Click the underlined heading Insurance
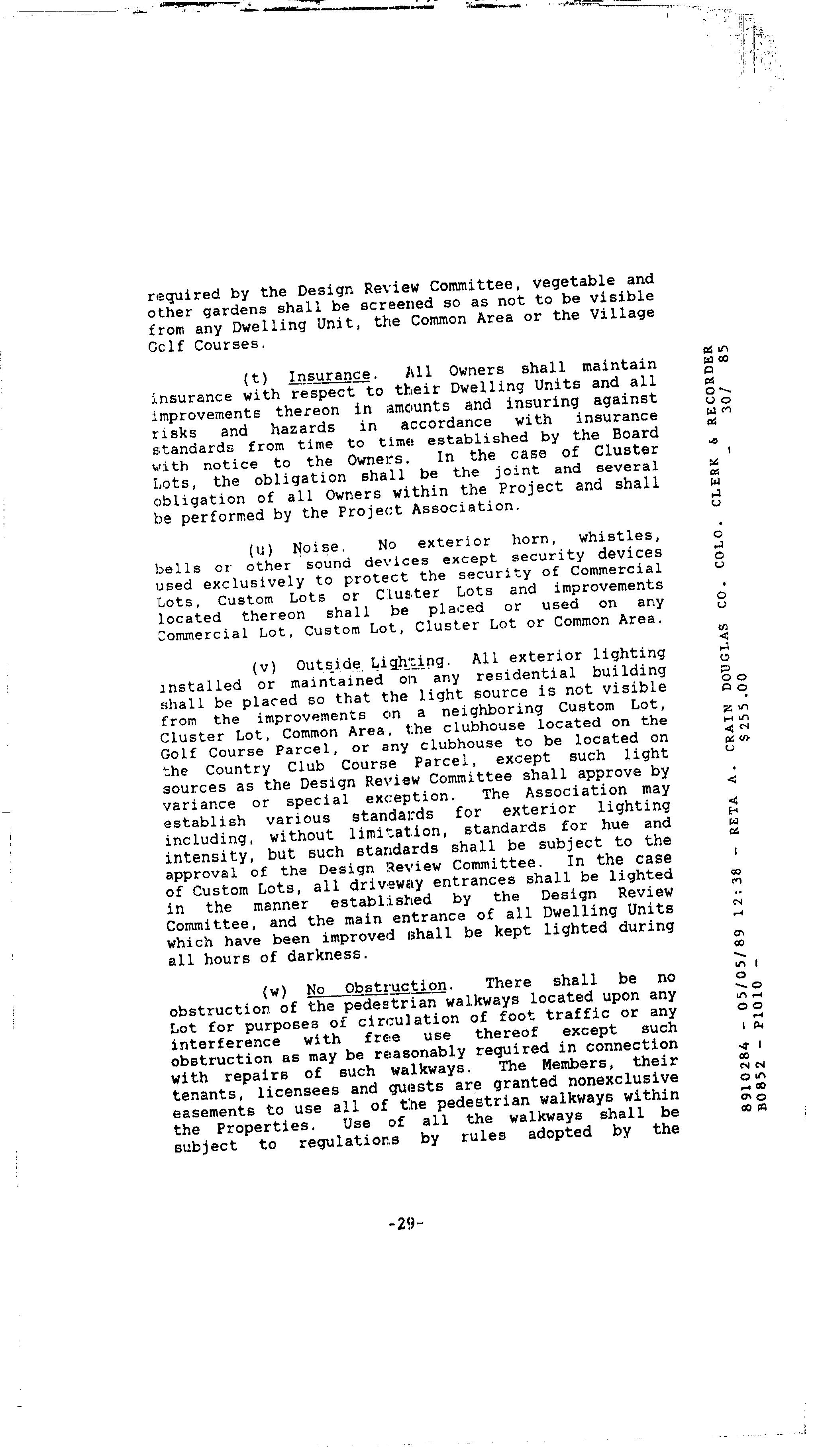(330, 375)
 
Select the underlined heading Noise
(316, 547)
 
